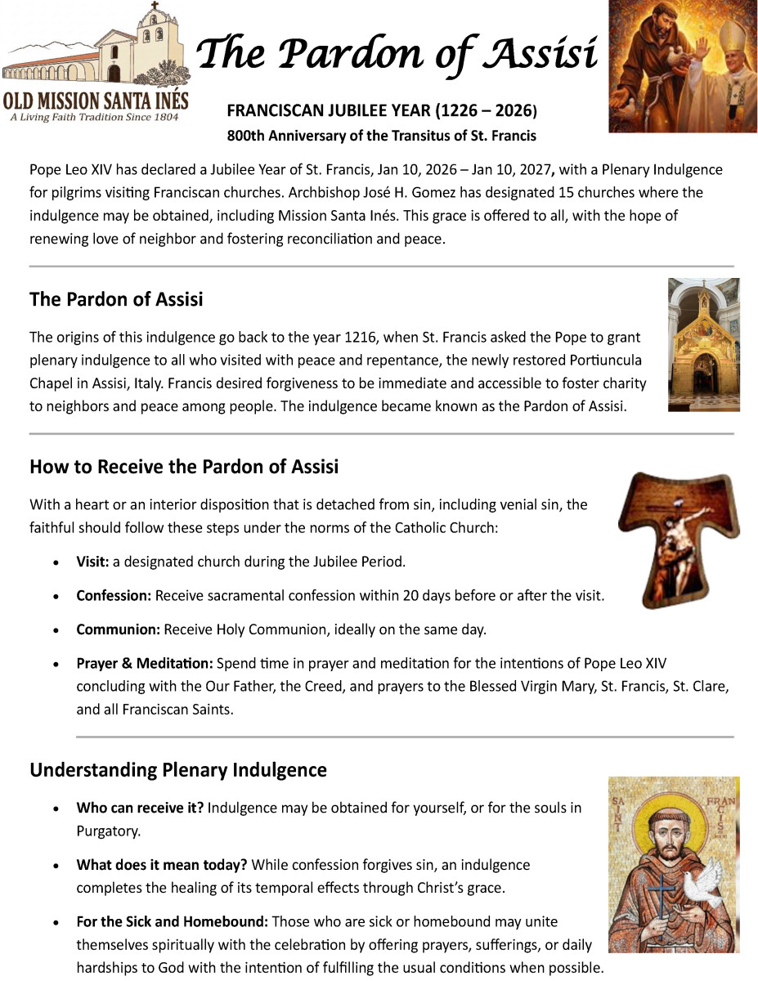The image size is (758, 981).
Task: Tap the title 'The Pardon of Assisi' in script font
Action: pyautogui.click(x=397, y=53)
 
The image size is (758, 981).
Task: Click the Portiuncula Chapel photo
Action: pyautogui.click(x=703, y=344)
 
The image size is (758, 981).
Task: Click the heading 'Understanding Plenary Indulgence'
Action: pyautogui.click(x=178, y=770)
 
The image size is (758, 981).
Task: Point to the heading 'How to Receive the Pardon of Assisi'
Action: pyautogui.click(x=184, y=467)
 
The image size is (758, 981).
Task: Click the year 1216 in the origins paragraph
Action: pyautogui.click(x=330, y=337)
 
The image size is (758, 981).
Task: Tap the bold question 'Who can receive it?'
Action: pyautogui.click(x=140, y=808)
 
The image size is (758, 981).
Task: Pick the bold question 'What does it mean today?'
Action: pyautogui.click(x=162, y=865)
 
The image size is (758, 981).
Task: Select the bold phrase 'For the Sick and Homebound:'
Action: pyautogui.click(x=173, y=922)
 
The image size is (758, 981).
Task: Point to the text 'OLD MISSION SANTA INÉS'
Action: pyautogui.click(x=96, y=101)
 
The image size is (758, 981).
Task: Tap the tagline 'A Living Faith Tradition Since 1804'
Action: pyautogui.click(x=95, y=117)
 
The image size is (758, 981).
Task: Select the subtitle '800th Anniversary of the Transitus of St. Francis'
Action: pyautogui.click(x=381, y=135)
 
